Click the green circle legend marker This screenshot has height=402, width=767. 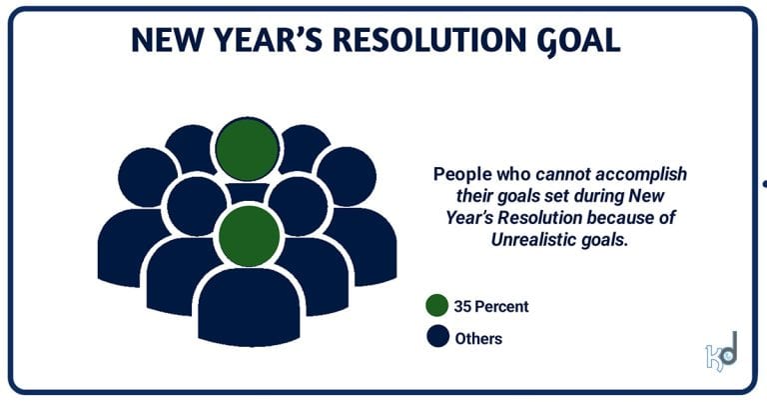(435, 305)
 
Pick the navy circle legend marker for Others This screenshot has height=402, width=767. (435, 338)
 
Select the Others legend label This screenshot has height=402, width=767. (478, 338)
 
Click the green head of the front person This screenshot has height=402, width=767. (248, 236)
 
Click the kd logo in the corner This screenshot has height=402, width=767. (720, 352)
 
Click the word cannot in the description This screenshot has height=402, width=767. (552, 174)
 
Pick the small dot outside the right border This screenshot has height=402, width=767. (764, 184)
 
